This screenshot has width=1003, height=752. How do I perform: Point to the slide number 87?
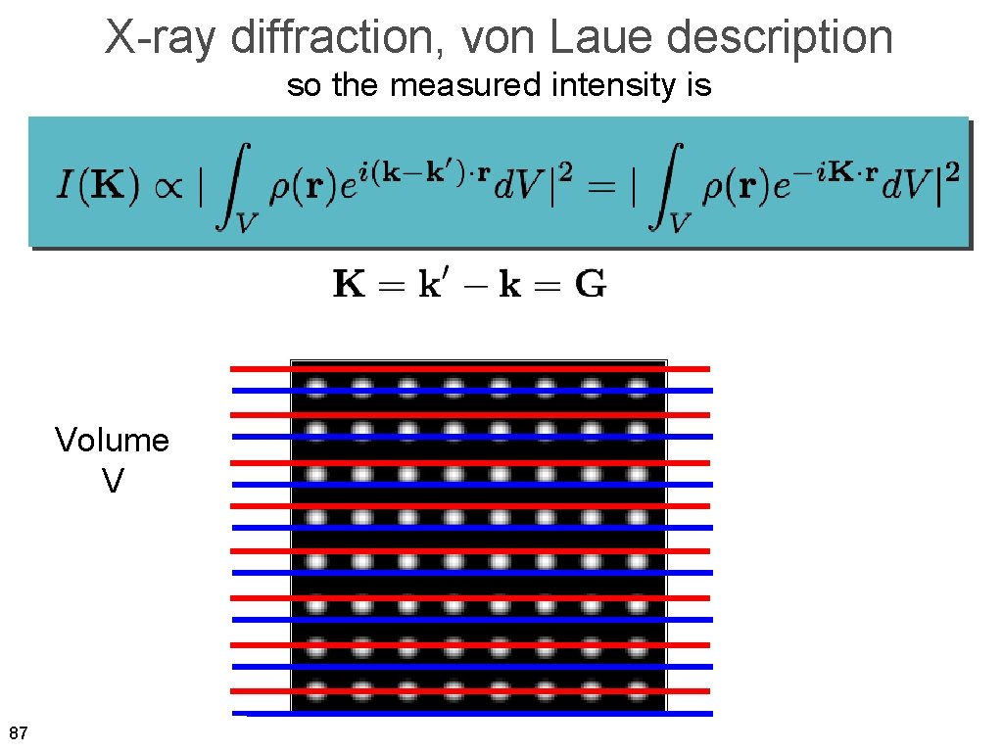pyautogui.click(x=17, y=733)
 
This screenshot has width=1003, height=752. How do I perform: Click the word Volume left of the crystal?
pyautogui.click(x=112, y=441)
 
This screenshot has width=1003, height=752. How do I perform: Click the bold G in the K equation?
pyautogui.click(x=590, y=286)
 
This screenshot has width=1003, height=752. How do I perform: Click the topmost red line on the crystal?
pyautogui.click(x=470, y=368)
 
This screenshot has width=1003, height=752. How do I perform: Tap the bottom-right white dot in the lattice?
pyautogui.click(x=639, y=689)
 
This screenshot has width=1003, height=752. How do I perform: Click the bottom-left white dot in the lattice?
pyautogui.click(x=316, y=689)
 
